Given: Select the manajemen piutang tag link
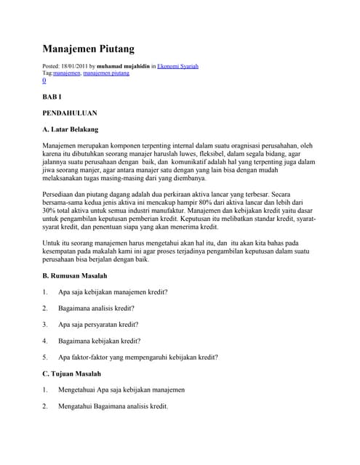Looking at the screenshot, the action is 106,73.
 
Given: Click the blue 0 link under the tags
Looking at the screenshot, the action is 44,81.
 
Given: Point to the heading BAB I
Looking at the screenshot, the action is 52,96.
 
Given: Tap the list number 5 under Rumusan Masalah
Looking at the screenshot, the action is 44,357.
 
